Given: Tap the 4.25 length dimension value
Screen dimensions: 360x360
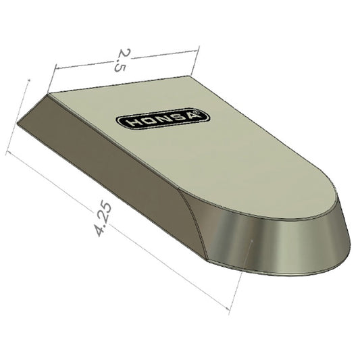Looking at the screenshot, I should [103, 218].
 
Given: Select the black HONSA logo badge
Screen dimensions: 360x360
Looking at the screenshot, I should [163, 120].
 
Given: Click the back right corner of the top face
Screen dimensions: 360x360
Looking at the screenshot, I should [192, 76].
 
